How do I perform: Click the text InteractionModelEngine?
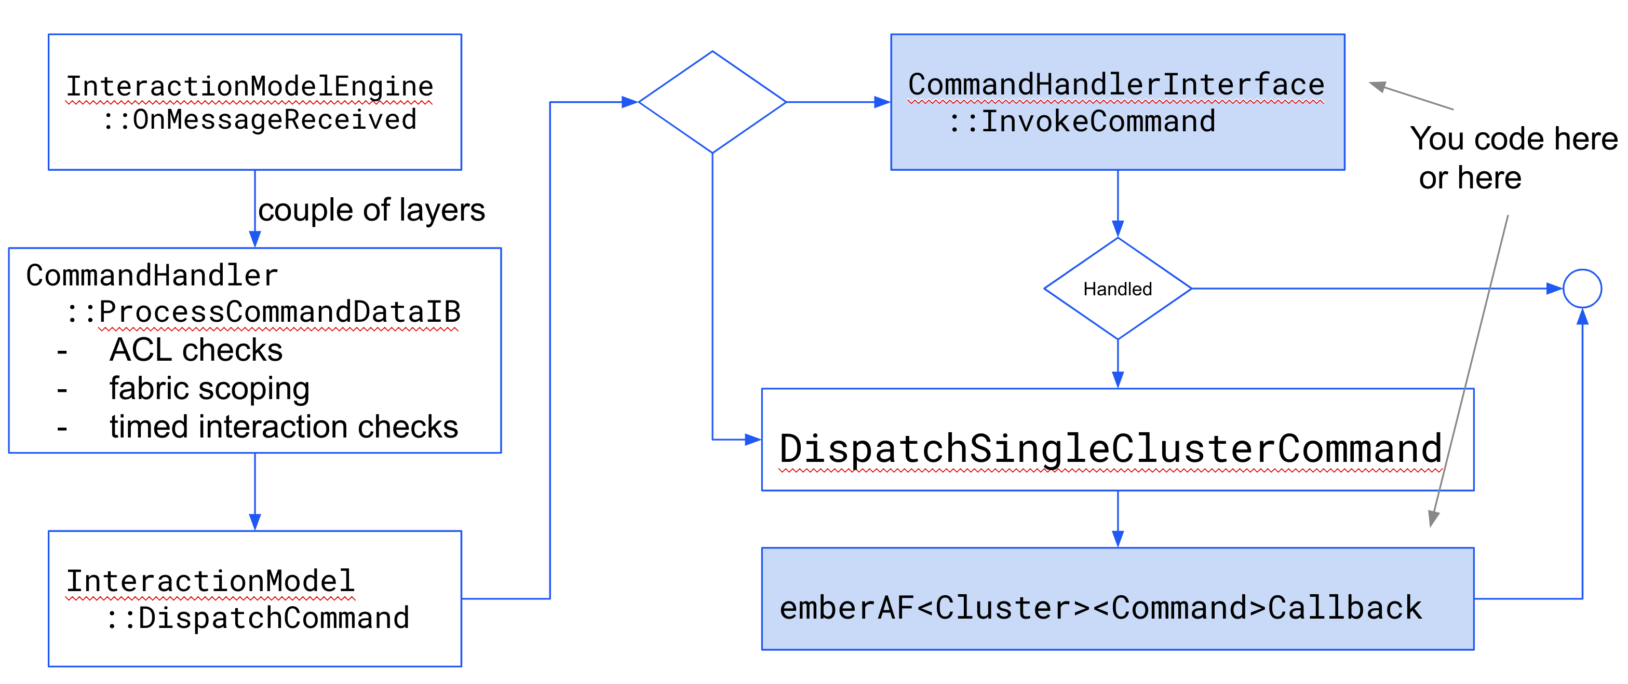250,87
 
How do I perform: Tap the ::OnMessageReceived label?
259,120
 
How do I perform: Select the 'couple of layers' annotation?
372,210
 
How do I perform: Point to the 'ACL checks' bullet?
196,350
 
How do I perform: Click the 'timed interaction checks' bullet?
283,428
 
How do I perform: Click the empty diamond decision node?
712,102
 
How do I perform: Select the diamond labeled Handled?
1118,289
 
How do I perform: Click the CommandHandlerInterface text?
1116,85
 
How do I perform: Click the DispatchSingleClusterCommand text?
1110,448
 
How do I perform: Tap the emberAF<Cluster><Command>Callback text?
1100,608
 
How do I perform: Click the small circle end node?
1582,289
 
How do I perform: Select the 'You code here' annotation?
1514,139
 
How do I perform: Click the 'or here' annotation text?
1470,178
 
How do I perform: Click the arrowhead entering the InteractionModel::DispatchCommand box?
254,522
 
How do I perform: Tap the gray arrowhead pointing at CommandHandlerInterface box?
1378,86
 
